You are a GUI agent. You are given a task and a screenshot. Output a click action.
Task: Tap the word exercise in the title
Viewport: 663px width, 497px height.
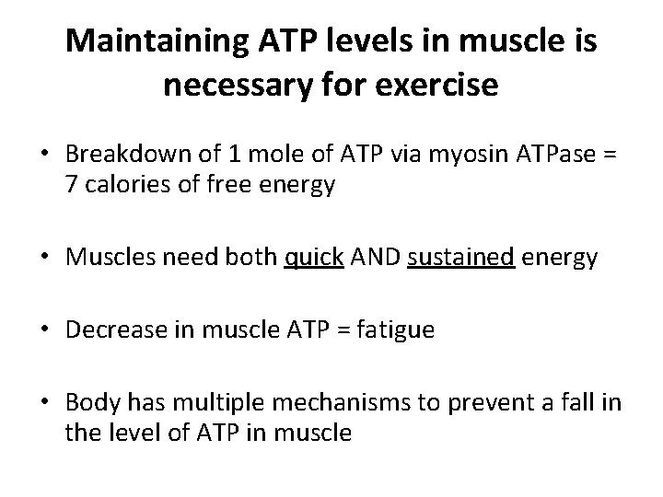click(x=436, y=86)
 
